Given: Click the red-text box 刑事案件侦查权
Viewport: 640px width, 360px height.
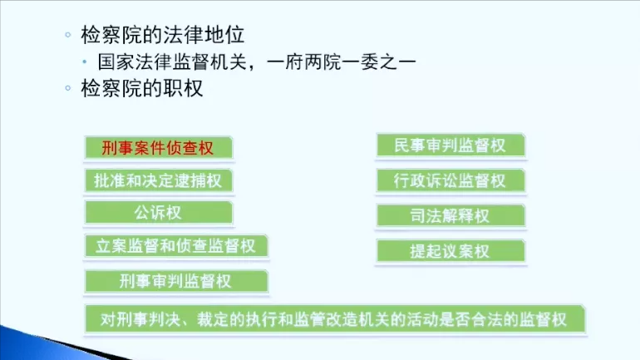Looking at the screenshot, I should (x=158, y=149).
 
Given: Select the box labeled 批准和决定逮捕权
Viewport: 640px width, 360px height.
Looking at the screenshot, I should (x=158, y=180).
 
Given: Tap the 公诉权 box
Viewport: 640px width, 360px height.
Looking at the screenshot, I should (x=158, y=212).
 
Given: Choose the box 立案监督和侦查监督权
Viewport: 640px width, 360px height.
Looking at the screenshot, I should (x=176, y=245).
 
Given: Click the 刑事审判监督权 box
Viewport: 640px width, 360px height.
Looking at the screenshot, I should (x=175, y=280).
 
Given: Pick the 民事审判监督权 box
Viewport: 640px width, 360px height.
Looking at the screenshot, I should (x=450, y=146).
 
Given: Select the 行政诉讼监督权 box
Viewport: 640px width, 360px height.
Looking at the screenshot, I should (x=450, y=180).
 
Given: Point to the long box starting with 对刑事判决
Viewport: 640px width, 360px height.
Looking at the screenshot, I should (x=337, y=319).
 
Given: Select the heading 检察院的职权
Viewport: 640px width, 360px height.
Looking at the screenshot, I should (x=142, y=88).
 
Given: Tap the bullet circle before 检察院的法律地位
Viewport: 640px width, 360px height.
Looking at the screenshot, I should (x=67, y=36).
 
